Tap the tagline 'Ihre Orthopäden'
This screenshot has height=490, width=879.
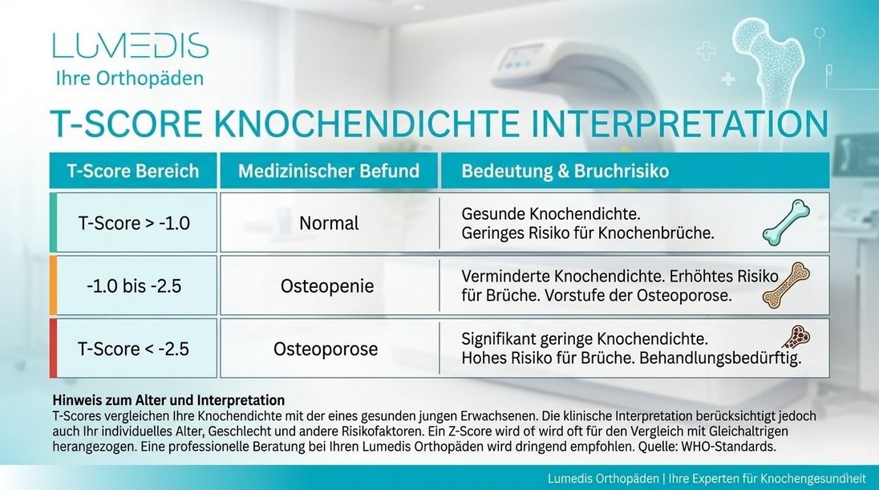pos(128,79)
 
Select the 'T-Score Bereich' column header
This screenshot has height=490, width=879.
pos(132,171)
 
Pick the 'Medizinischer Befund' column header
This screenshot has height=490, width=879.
pos(329,171)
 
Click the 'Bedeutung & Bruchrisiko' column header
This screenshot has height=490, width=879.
pos(565,171)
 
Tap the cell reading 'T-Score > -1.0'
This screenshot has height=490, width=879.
pos(134,223)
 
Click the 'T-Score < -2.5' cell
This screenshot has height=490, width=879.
pos(134,349)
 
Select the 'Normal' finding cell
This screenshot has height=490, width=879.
pos(329,223)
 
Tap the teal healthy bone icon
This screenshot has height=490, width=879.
pos(786,222)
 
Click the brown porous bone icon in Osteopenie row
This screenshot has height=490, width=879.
pos(786,285)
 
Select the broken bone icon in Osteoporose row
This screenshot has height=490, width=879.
pos(794,336)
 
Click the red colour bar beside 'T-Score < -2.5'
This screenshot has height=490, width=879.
pos(53,348)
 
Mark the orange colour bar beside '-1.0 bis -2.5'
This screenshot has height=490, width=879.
pos(53,285)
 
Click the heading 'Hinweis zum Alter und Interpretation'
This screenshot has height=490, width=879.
pos(168,399)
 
